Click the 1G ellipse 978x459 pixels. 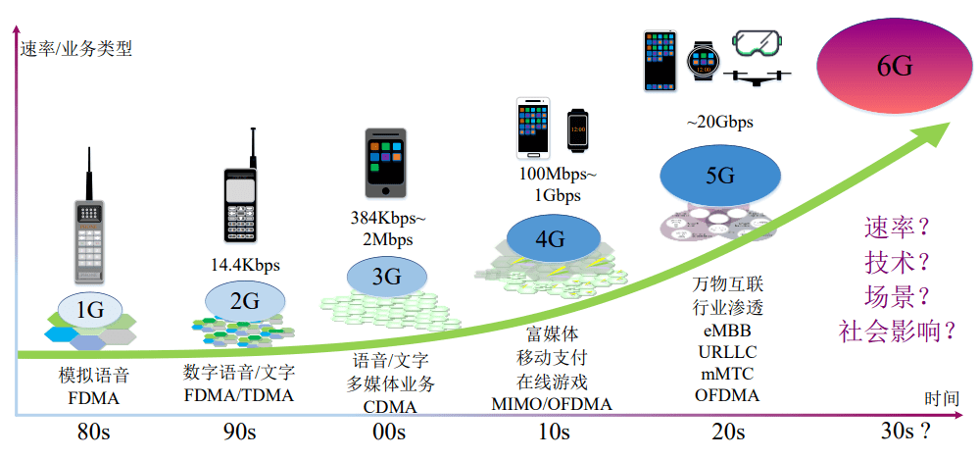pos(90,311)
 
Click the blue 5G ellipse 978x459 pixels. pos(719,176)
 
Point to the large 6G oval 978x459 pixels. pos(895,67)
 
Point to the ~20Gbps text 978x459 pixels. pos(719,123)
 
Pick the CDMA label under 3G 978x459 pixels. pos(389,407)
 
